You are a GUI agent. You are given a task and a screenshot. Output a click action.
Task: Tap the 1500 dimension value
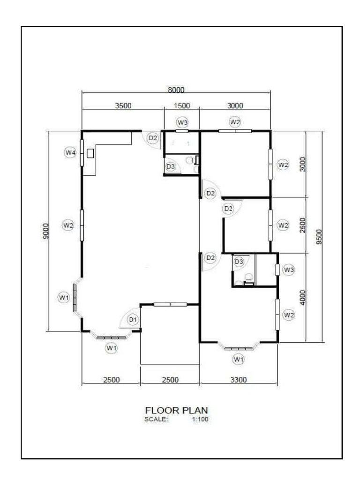[181, 106]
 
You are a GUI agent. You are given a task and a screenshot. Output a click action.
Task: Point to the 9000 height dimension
[45, 231]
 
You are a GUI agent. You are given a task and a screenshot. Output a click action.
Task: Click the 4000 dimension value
[302, 298]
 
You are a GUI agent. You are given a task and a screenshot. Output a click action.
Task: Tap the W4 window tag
[70, 152]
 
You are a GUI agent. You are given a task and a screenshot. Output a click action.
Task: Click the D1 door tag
[133, 320]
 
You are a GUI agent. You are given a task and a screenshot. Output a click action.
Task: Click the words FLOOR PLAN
[176, 410]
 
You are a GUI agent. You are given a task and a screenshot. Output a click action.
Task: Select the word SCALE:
[157, 419]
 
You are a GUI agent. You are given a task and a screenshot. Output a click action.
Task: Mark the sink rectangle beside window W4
[90, 153]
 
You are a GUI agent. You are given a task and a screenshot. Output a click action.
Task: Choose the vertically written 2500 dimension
[302, 225]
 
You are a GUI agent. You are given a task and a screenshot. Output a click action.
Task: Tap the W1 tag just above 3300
[239, 360]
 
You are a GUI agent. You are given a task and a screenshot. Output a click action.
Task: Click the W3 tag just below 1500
[182, 122]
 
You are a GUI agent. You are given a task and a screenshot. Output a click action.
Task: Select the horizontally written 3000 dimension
[235, 106]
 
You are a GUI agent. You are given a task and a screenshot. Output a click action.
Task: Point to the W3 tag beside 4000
[289, 270]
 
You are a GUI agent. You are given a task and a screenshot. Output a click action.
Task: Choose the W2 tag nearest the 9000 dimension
[68, 225]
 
